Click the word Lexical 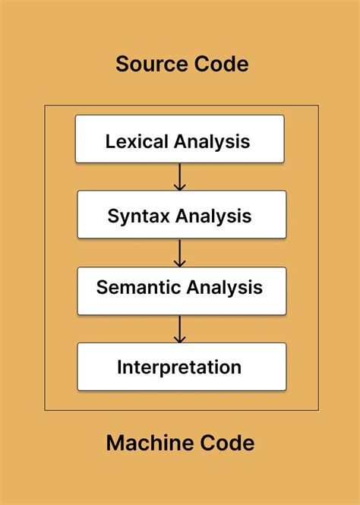pos(137,141)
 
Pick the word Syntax pos(139,216)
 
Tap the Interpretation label pos(179,368)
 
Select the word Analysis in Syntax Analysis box pos(213,216)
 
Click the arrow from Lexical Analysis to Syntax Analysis pos(179,177)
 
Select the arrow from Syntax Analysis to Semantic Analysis pos(179,253)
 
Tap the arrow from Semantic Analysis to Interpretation pos(179,329)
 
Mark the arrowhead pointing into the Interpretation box pos(179,339)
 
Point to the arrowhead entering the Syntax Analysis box pos(179,187)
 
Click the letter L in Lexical pos(109,141)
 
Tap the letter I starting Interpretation pos(120,368)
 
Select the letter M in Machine pos(115,443)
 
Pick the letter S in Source pos(122,65)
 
